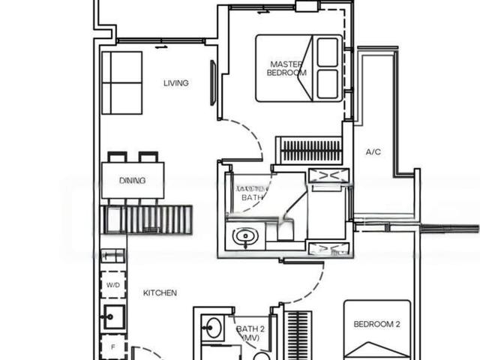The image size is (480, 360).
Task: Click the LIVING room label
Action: (176, 83)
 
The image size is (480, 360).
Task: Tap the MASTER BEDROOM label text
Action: (288, 68)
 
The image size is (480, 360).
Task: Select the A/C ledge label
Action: (373, 152)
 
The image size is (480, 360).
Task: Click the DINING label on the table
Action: (132, 181)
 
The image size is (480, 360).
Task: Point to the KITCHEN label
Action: (160, 292)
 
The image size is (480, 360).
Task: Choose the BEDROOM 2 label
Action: (376, 324)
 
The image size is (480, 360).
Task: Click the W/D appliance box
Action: (113, 286)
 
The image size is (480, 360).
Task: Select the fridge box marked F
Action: (113, 347)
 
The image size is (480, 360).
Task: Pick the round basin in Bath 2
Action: (211, 328)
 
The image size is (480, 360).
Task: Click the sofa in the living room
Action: (121, 82)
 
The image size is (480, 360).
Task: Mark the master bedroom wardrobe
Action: (309, 150)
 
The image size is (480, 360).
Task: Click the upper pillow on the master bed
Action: (328, 52)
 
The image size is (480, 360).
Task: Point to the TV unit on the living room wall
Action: (213, 82)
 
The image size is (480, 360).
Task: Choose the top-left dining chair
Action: (117, 157)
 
